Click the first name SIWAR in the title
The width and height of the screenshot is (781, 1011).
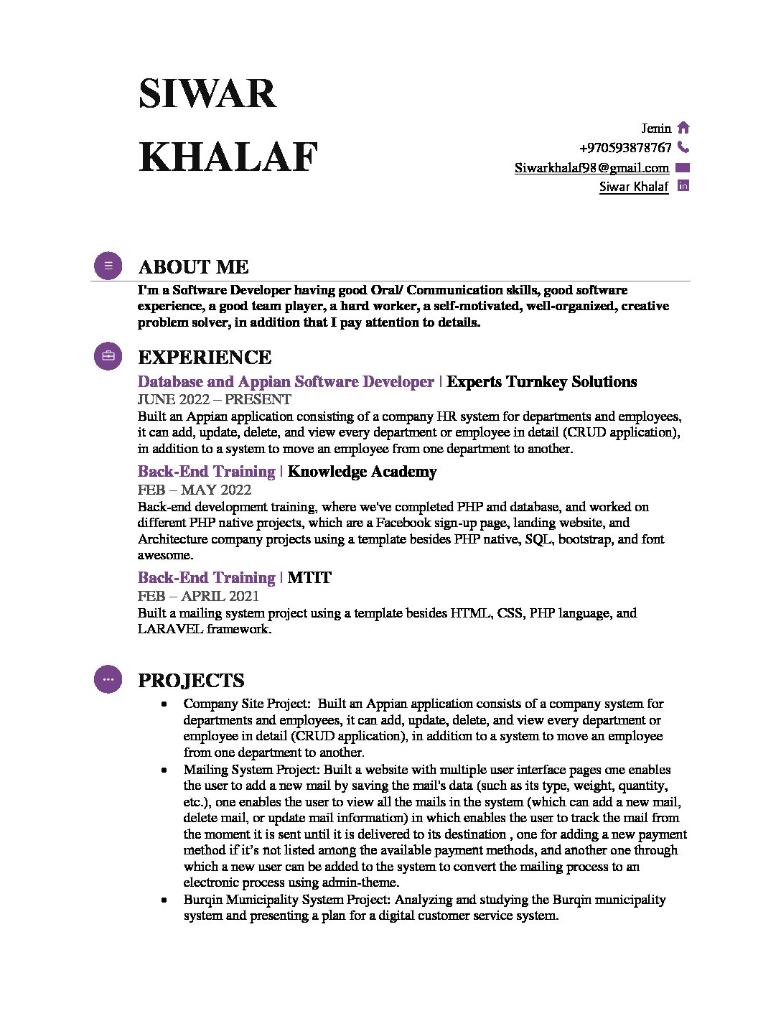pyautogui.click(x=207, y=94)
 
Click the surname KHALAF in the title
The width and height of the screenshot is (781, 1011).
pyautogui.click(x=228, y=157)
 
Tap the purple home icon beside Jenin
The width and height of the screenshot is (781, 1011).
pyautogui.click(x=683, y=128)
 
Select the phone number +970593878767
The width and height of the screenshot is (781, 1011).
pyautogui.click(x=625, y=148)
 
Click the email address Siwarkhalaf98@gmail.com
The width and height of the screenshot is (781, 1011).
pyautogui.click(x=591, y=168)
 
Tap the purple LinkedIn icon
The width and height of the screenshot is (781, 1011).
pyautogui.click(x=683, y=186)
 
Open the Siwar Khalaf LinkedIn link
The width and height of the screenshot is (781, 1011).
pyautogui.click(x=633, y=187)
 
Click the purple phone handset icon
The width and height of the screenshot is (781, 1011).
pyautogui.click(x=683, y=147)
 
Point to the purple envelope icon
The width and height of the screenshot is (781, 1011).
pyautogui.click(x=683, y=168)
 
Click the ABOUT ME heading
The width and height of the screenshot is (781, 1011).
pyautogui.click(x=193, y=267)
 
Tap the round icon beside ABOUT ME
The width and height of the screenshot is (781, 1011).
pyautogui.click(x=108, y=266)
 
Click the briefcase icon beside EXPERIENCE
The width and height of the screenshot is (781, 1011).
pyautogui.click(x=108, y=356)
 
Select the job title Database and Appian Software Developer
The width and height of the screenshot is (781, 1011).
pyautogui.click(x=286, y=382)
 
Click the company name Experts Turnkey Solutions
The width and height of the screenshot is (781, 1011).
pyautogui.click(x=541, y=382)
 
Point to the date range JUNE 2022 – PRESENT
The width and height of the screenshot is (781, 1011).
pyautogui.click(x=214, y=399)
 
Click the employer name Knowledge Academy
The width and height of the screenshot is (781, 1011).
pyautogui.click(x=362, y=472)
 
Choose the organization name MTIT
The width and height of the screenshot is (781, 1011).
pyautogui.click(x=309, y=578)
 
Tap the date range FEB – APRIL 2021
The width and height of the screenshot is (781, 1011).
pyautogui.click(x=198, y=596)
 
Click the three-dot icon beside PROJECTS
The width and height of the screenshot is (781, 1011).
pyautogui.click(x=108, y=679)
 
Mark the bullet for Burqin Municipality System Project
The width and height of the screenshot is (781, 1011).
pyautogui.click(x=165, y=900)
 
